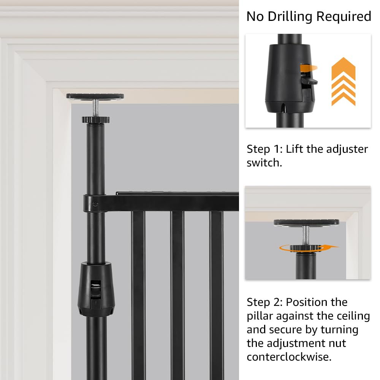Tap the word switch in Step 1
[264, 163]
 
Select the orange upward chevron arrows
[343, 82]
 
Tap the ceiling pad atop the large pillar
[95, 96]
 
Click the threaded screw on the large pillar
[95, 108]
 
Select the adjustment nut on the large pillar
[95, 120]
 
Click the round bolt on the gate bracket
[95, 204]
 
